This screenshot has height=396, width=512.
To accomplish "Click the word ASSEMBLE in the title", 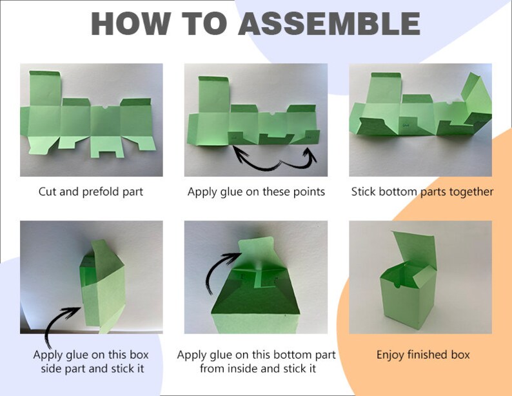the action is [x=329, y=23].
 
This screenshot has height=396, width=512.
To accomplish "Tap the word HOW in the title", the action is [x=130, y=23].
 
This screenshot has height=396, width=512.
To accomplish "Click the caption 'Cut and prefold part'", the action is [x=91, y=192].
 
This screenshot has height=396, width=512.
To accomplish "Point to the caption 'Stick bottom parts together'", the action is [x=422, y=192].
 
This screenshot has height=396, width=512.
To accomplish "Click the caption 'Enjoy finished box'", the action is [x=423, y=355].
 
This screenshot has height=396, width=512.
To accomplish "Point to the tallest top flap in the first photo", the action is [x=45, y=88].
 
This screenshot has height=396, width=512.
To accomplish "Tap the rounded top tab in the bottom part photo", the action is [x=257, y=250].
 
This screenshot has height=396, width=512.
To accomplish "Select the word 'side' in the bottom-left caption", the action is [x=52, y=368].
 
